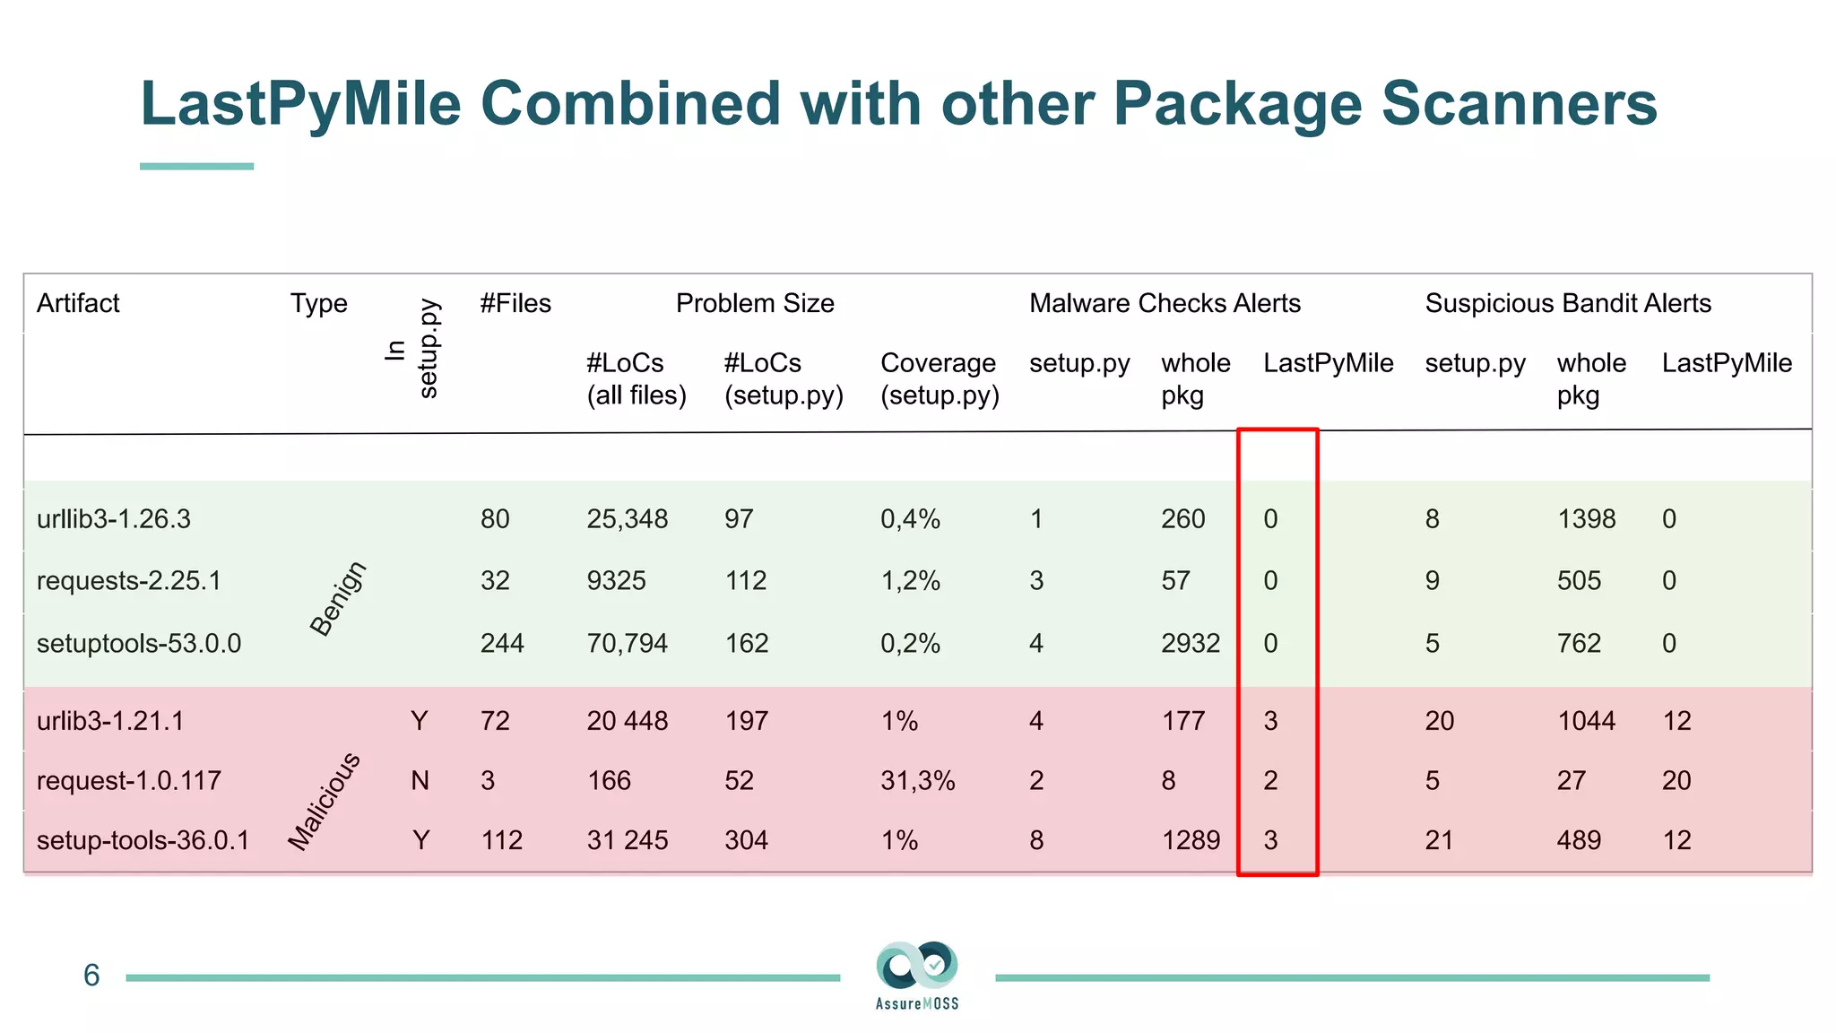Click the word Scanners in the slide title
[1519, 103]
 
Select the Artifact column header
[78, 303]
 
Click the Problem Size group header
[755, 303]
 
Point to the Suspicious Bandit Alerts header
[1568, 303]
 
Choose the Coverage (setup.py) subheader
[939, 378]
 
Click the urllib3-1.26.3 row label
[114, 519]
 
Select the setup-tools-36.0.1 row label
[143, 840]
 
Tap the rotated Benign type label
[338, 598]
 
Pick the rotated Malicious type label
[325, 801]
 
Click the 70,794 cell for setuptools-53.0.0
[627, 643]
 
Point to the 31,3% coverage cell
[917, 780]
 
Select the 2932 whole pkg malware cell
[1190, 643]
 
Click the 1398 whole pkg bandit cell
[1586, 519]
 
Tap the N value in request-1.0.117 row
[420, 780]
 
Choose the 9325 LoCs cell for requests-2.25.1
[616, 580]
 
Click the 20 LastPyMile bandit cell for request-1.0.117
[1676, 780]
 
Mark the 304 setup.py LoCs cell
[746, 840]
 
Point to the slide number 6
[91, 976]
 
